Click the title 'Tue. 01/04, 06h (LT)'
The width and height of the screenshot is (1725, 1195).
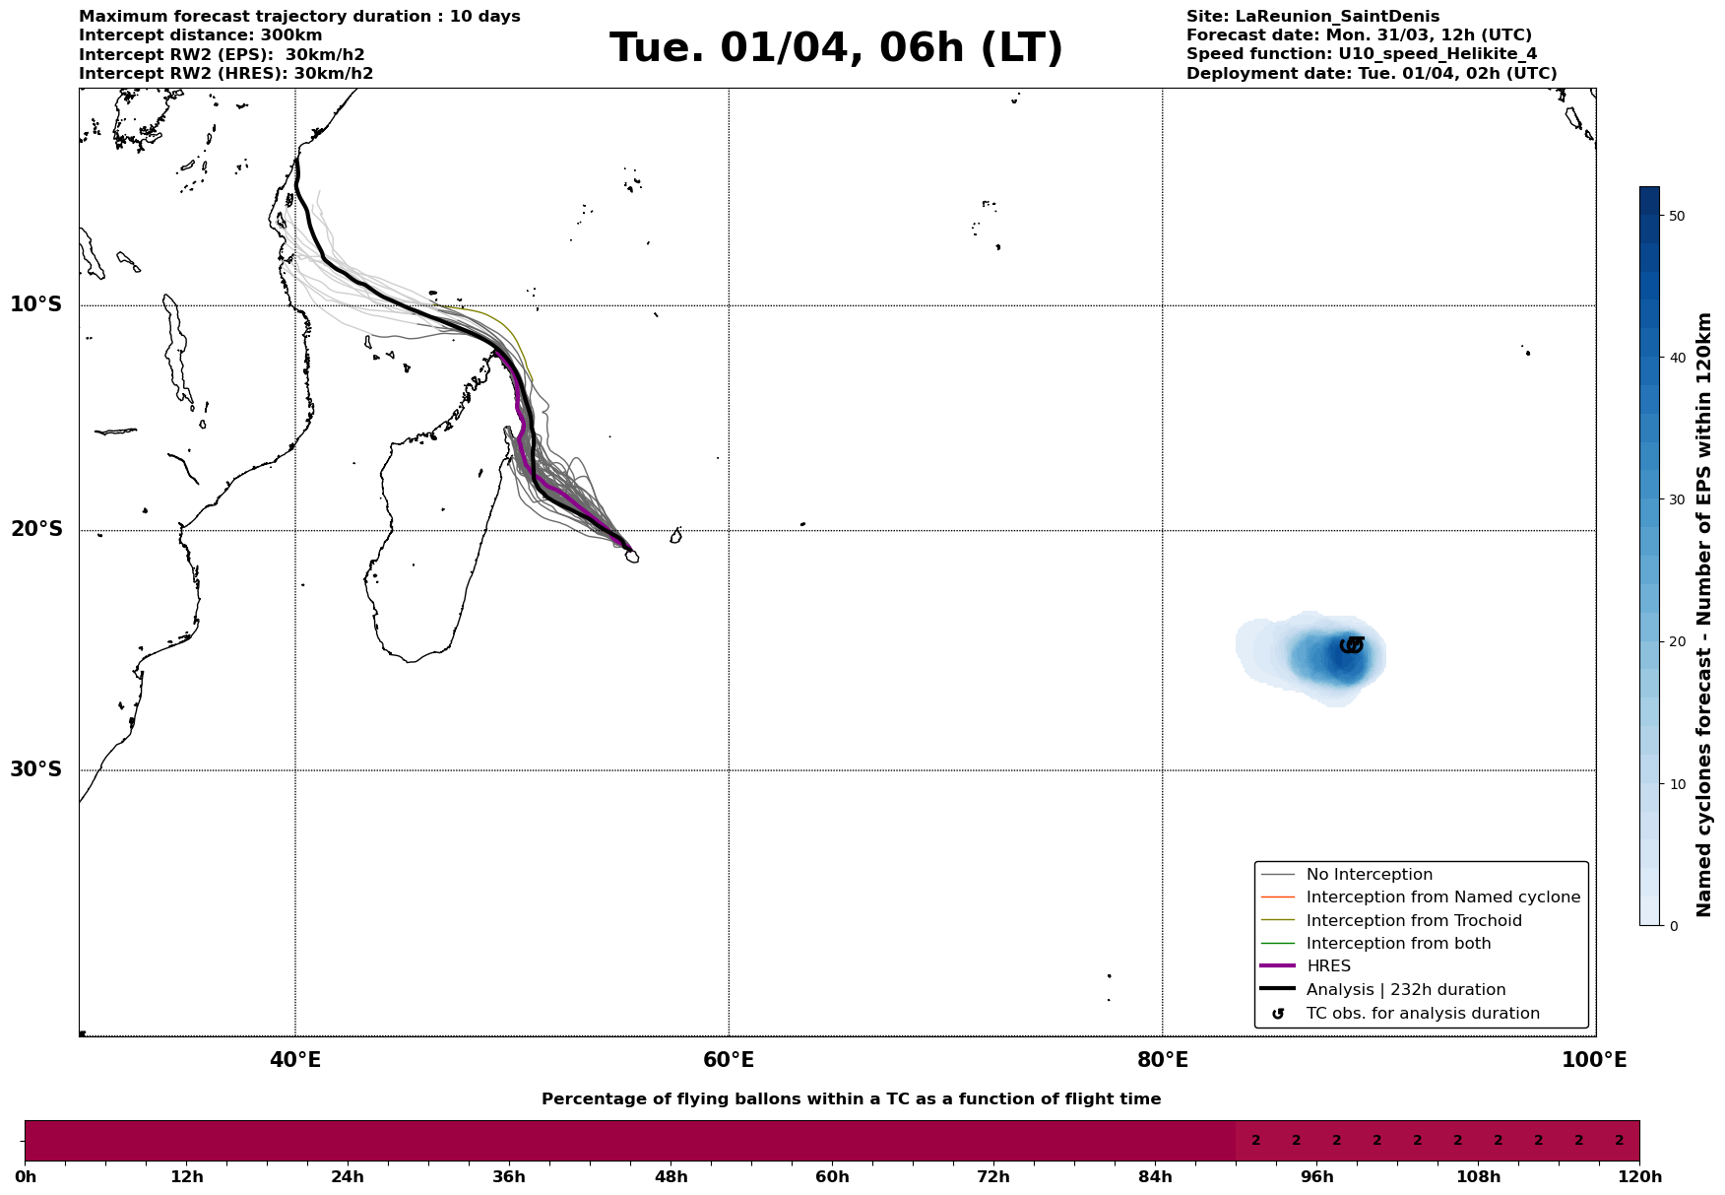836,48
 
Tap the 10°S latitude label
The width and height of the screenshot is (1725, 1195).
36,304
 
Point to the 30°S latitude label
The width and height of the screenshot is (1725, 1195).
36,769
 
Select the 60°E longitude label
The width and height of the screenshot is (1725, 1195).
729,1060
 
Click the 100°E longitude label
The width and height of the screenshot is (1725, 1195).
1594,1060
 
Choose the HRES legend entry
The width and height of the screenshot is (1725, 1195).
1328,966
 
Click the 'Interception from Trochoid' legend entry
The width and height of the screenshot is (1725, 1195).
1413,921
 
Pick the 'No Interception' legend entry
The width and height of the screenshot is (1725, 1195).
1369,875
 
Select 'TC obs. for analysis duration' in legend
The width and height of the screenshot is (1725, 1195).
1422,1014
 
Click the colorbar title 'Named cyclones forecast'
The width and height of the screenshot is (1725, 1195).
1704,615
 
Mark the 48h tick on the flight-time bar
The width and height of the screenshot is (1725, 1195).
671,1176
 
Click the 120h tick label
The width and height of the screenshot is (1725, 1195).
1639,1176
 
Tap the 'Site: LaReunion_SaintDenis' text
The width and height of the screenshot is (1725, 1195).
1312,17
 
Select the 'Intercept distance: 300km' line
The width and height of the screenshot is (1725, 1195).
200,35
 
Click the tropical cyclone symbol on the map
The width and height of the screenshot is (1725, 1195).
1352,645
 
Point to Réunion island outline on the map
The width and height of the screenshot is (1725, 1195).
631,557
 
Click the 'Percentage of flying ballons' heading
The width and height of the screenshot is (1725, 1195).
851,1099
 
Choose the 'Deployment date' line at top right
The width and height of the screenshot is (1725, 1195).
1372,74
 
